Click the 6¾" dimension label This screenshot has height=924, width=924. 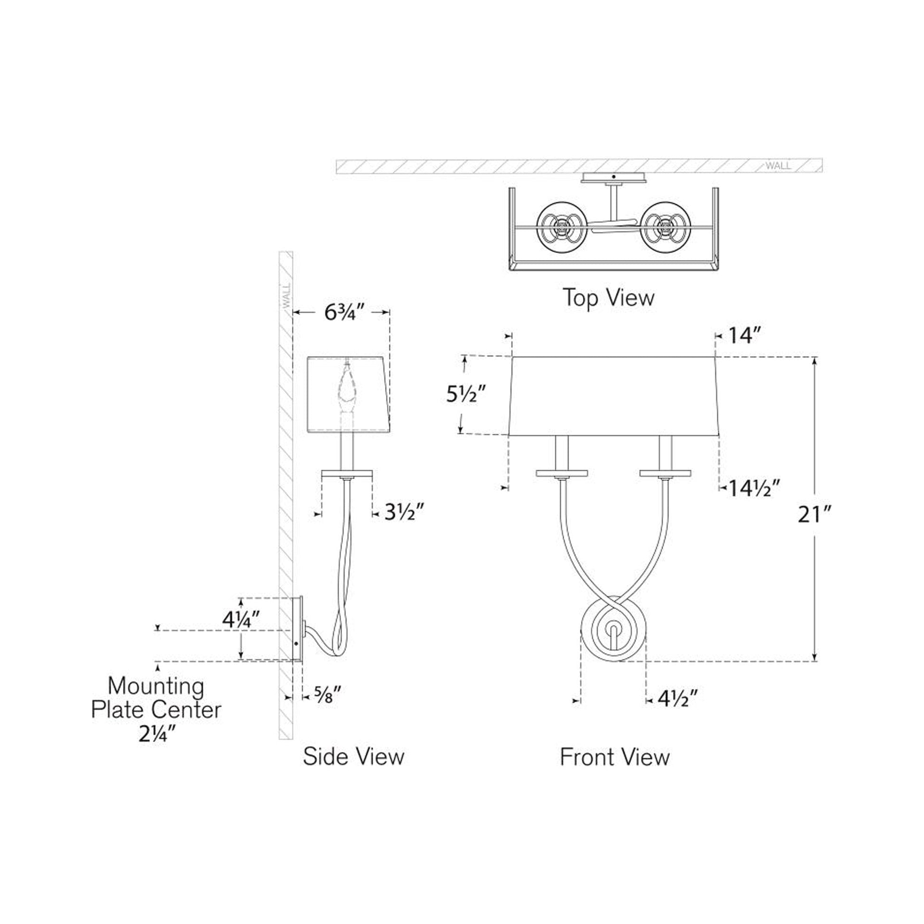340,312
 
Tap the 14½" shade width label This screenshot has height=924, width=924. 754,488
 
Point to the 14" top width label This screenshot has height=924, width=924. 744,336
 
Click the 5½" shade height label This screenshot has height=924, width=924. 466,395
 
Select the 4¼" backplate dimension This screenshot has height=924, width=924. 241,620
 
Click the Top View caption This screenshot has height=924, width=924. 608,298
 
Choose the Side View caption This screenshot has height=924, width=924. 353,756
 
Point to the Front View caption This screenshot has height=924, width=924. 614,756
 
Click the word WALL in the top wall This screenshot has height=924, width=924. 778,166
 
